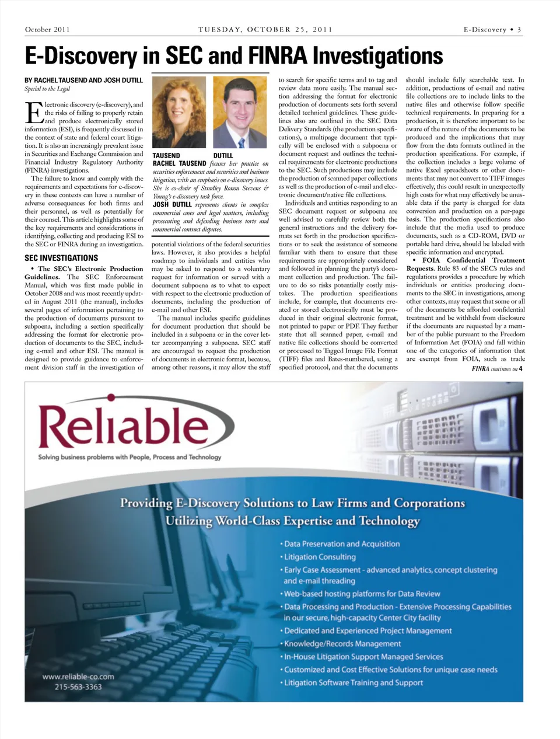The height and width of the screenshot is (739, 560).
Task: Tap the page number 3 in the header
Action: (519, 30)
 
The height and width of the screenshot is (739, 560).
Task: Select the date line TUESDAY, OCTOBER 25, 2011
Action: (265, 30)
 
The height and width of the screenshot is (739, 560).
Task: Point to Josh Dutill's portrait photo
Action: (240, 113)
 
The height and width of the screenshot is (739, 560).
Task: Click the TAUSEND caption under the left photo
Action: (166, 156)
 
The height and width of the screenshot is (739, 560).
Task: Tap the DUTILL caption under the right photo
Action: (223, 156)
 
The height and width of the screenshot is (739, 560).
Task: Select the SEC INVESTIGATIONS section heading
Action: (61, 257)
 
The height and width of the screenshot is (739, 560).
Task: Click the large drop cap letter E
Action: (33, 112)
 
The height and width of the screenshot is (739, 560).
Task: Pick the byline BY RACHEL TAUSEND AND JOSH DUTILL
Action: (83, 80)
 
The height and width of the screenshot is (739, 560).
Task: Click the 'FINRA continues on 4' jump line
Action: (497, 369)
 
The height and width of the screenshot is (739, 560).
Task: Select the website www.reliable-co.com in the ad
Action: (78, 677)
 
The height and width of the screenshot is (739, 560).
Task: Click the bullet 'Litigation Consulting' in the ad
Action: (320, 557)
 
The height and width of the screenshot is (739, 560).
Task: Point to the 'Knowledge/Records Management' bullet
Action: (342, 644)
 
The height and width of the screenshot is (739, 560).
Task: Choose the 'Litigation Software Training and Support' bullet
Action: (353, 682)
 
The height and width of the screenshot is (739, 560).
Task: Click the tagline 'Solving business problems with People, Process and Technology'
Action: (129, 457)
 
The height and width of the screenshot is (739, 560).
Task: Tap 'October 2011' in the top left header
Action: (47, 30)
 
